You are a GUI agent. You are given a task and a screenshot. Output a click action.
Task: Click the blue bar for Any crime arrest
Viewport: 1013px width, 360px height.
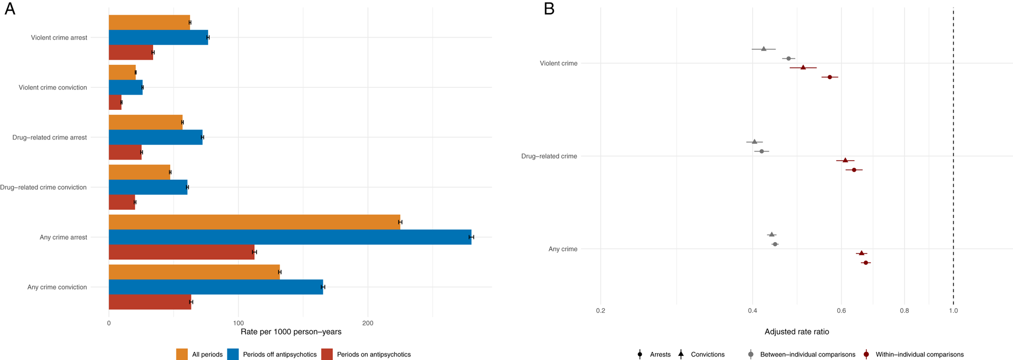[x=290, y=237]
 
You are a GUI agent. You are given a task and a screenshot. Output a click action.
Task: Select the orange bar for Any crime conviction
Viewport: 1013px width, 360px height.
[x=194, y=272]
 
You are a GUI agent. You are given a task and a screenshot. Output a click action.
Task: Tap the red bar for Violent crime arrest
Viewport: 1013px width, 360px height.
[x=131, y=52]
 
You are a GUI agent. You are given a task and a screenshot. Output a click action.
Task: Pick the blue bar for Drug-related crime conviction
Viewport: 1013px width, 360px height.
[x=148, y=187]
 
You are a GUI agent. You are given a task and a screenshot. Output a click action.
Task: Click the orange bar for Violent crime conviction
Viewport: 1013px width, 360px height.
[x=122, y=73]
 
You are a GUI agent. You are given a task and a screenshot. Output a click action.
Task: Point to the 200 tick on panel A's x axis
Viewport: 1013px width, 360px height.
[x=368, y=323]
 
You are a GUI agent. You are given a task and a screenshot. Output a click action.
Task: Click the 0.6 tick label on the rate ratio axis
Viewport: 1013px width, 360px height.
[x=841, y=311]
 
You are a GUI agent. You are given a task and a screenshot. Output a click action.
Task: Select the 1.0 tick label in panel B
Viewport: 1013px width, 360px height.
[x=953, y=311]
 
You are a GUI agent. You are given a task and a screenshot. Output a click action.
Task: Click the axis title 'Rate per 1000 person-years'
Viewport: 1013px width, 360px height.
[x=291, y=332]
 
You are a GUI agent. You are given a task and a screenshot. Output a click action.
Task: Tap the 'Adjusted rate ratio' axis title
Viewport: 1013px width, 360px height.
[x=796, y=332]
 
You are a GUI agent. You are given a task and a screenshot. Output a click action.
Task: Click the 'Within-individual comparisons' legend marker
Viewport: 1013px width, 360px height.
[x=866, y=354]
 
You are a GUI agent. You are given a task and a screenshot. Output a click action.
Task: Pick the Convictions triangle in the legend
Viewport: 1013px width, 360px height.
[x=681, y=354]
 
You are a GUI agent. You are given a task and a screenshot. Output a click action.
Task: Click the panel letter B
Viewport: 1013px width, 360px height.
[x=549, y=9]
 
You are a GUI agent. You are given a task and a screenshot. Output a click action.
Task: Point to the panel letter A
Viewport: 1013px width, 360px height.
[x=10, y=9]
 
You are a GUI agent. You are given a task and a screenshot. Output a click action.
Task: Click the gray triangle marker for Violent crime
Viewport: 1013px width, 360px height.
[x=764, y=49]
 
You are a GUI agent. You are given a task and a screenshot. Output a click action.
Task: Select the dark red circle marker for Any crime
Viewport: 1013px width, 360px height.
[x=866, y=263]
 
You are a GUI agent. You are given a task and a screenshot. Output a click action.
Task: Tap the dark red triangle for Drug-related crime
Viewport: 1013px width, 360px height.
[x=845, y=160]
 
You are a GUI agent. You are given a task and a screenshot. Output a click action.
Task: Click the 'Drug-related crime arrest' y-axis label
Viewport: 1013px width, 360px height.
[x=50, y=137]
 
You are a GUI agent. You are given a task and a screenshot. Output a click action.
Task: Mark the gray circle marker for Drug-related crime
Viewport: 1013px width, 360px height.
[x=762, y=151]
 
